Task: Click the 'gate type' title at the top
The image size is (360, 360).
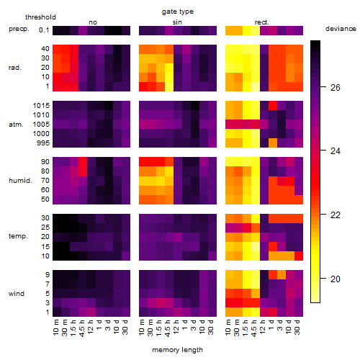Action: pos(178,12)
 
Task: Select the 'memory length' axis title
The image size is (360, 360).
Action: pos(177,350)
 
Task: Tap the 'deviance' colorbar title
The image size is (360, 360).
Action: pos(341,29)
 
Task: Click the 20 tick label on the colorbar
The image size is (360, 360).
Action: pos(336,279)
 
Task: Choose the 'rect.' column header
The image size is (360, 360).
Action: pos(261,22)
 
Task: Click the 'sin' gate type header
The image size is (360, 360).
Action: pos(177,22)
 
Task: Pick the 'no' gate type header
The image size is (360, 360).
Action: pos(93,22)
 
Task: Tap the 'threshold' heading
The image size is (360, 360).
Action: pos(40,17)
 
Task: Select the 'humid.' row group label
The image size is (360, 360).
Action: pos(20,180)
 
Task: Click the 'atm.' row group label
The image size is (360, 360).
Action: pos(16,125)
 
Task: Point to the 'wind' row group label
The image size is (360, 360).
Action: pos(17,293)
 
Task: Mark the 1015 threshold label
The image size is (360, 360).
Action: pos(41,105)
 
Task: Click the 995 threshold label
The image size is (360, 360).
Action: pos(43,143)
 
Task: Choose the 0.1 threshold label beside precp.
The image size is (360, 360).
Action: pos(44,30)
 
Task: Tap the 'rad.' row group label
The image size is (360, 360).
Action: pos(15,68)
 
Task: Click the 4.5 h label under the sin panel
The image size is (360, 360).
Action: pos(168,328)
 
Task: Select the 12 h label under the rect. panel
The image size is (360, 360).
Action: pos(262,326)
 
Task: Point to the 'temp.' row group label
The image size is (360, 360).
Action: pos(18,236)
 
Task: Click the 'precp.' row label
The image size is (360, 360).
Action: pos(19,29)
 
